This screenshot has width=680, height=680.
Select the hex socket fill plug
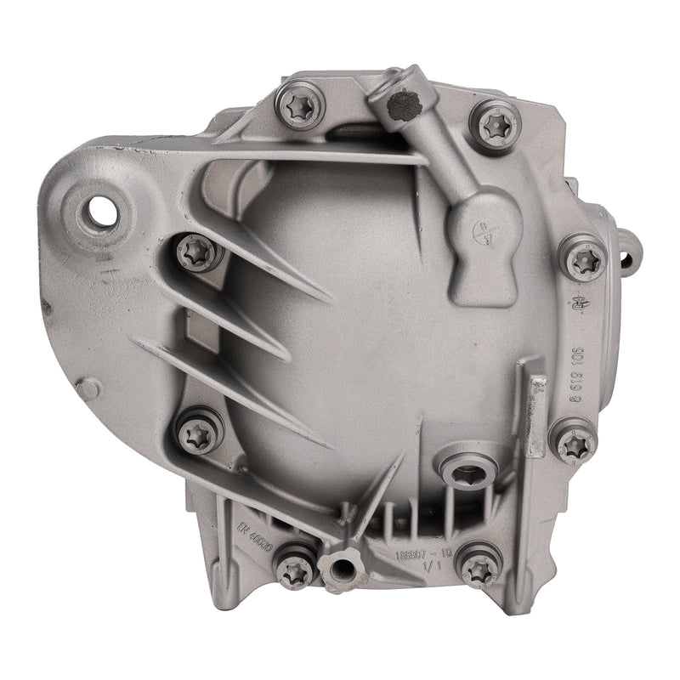(x=464, y=473)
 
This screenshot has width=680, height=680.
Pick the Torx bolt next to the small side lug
(x=584, y=258)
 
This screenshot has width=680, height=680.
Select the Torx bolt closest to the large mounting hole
(x=197, y=251)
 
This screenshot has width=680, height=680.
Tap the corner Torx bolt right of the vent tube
(x=496, y=124)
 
